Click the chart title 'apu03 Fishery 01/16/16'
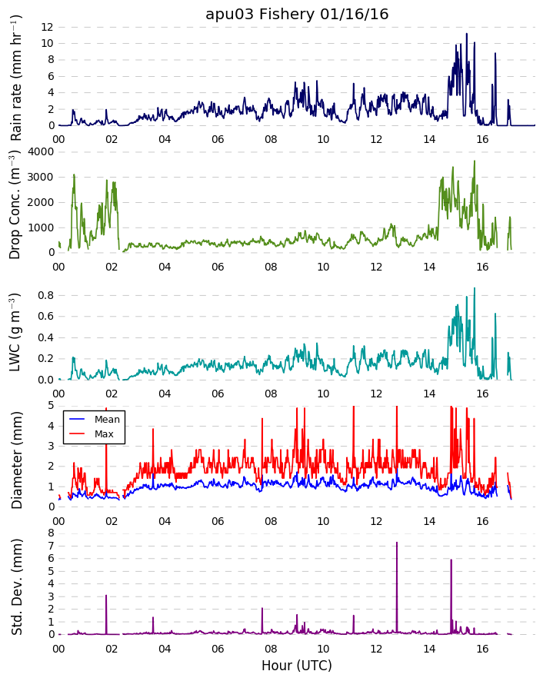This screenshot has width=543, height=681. tap(297, 15)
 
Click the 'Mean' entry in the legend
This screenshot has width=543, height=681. tap(107, 420)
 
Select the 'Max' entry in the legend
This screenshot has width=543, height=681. tap(104, 434)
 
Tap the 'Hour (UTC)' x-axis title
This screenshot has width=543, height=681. tap(297, 666)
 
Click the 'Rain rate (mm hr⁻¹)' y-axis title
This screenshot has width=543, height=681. tap(15, 78)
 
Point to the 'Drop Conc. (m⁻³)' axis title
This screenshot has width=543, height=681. tap(15, 204)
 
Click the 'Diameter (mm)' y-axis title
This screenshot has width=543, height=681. tap(16, 460)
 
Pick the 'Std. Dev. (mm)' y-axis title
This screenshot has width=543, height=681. tap(16, 587)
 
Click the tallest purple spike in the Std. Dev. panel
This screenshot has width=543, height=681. tap(397, 543)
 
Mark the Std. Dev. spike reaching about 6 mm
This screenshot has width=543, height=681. tap(451, 560)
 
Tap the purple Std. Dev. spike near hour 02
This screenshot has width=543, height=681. tap(106, 596)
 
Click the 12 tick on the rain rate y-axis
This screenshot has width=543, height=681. tap(48, 27)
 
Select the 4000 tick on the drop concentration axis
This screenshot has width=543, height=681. tap(41, 151)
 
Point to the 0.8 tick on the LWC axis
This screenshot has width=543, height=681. tap(45, 295)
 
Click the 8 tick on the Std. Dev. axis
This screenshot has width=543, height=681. tap(51, 533)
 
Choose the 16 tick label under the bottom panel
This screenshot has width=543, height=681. tap(482, 649)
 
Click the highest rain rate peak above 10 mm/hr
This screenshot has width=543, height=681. tap(467, 34)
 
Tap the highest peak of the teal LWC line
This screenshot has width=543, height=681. tap(475, 288)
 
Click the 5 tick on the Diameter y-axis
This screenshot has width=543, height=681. tap(51, 405)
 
